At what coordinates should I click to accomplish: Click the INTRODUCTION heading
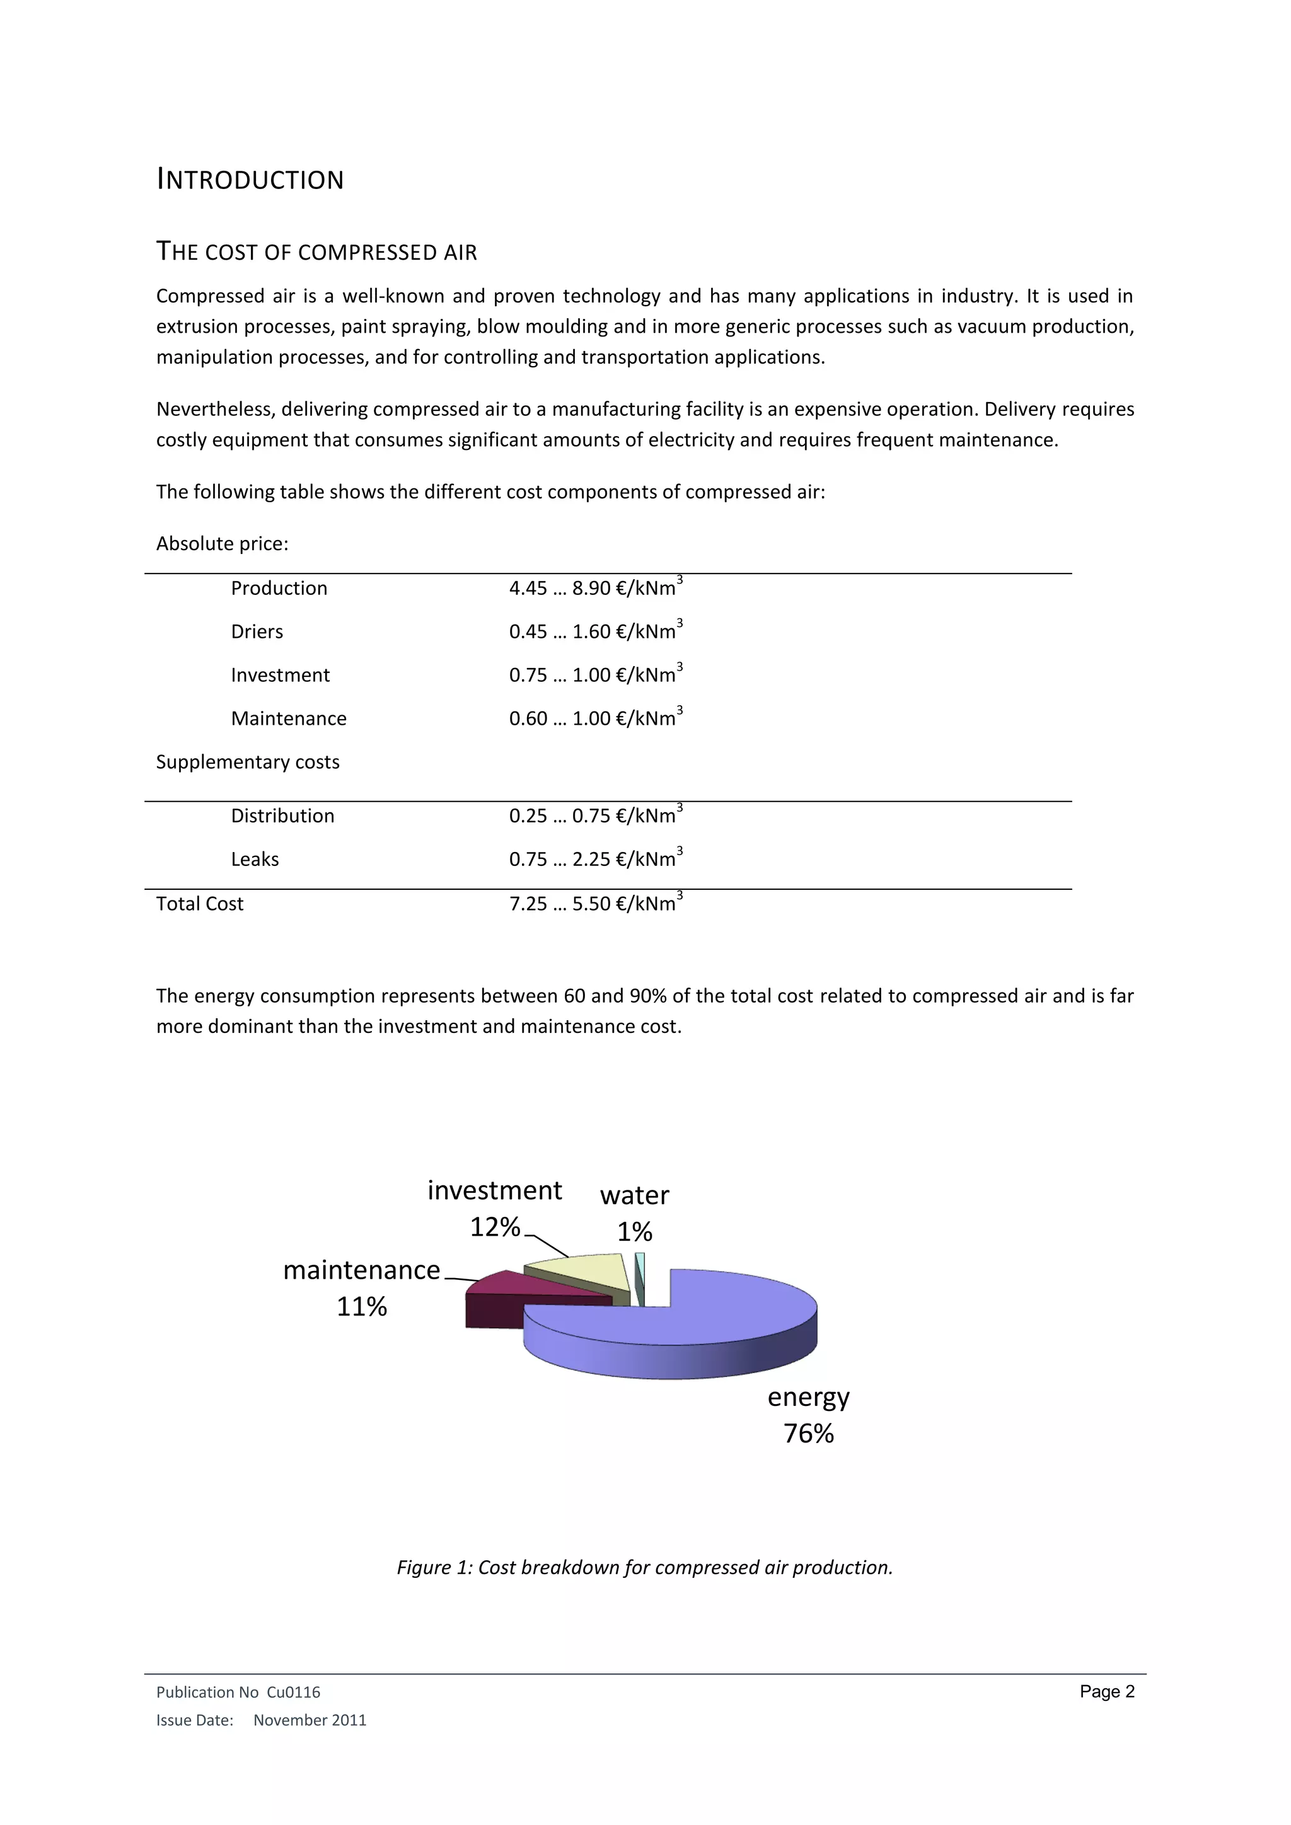[250, 180]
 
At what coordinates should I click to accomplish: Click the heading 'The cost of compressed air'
[316, 252]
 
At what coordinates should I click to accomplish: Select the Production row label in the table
[279, 588]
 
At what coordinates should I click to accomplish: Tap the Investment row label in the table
[280, 675]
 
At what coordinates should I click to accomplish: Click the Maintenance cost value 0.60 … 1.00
[596, 718]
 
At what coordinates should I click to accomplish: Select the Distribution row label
[282, 815]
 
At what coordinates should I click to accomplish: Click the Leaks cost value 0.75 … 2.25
[596, 858]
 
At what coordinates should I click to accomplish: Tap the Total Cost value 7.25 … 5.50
[596, 903]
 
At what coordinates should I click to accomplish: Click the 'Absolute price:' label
[222, 544]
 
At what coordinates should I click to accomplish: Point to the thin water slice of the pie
[640, 1275]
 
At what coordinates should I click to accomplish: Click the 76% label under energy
[809, 1433]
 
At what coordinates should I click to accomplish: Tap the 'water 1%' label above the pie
[634, 1213]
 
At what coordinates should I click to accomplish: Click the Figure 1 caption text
[645, 1567]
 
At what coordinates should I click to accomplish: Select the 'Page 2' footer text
[1106, 1691]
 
